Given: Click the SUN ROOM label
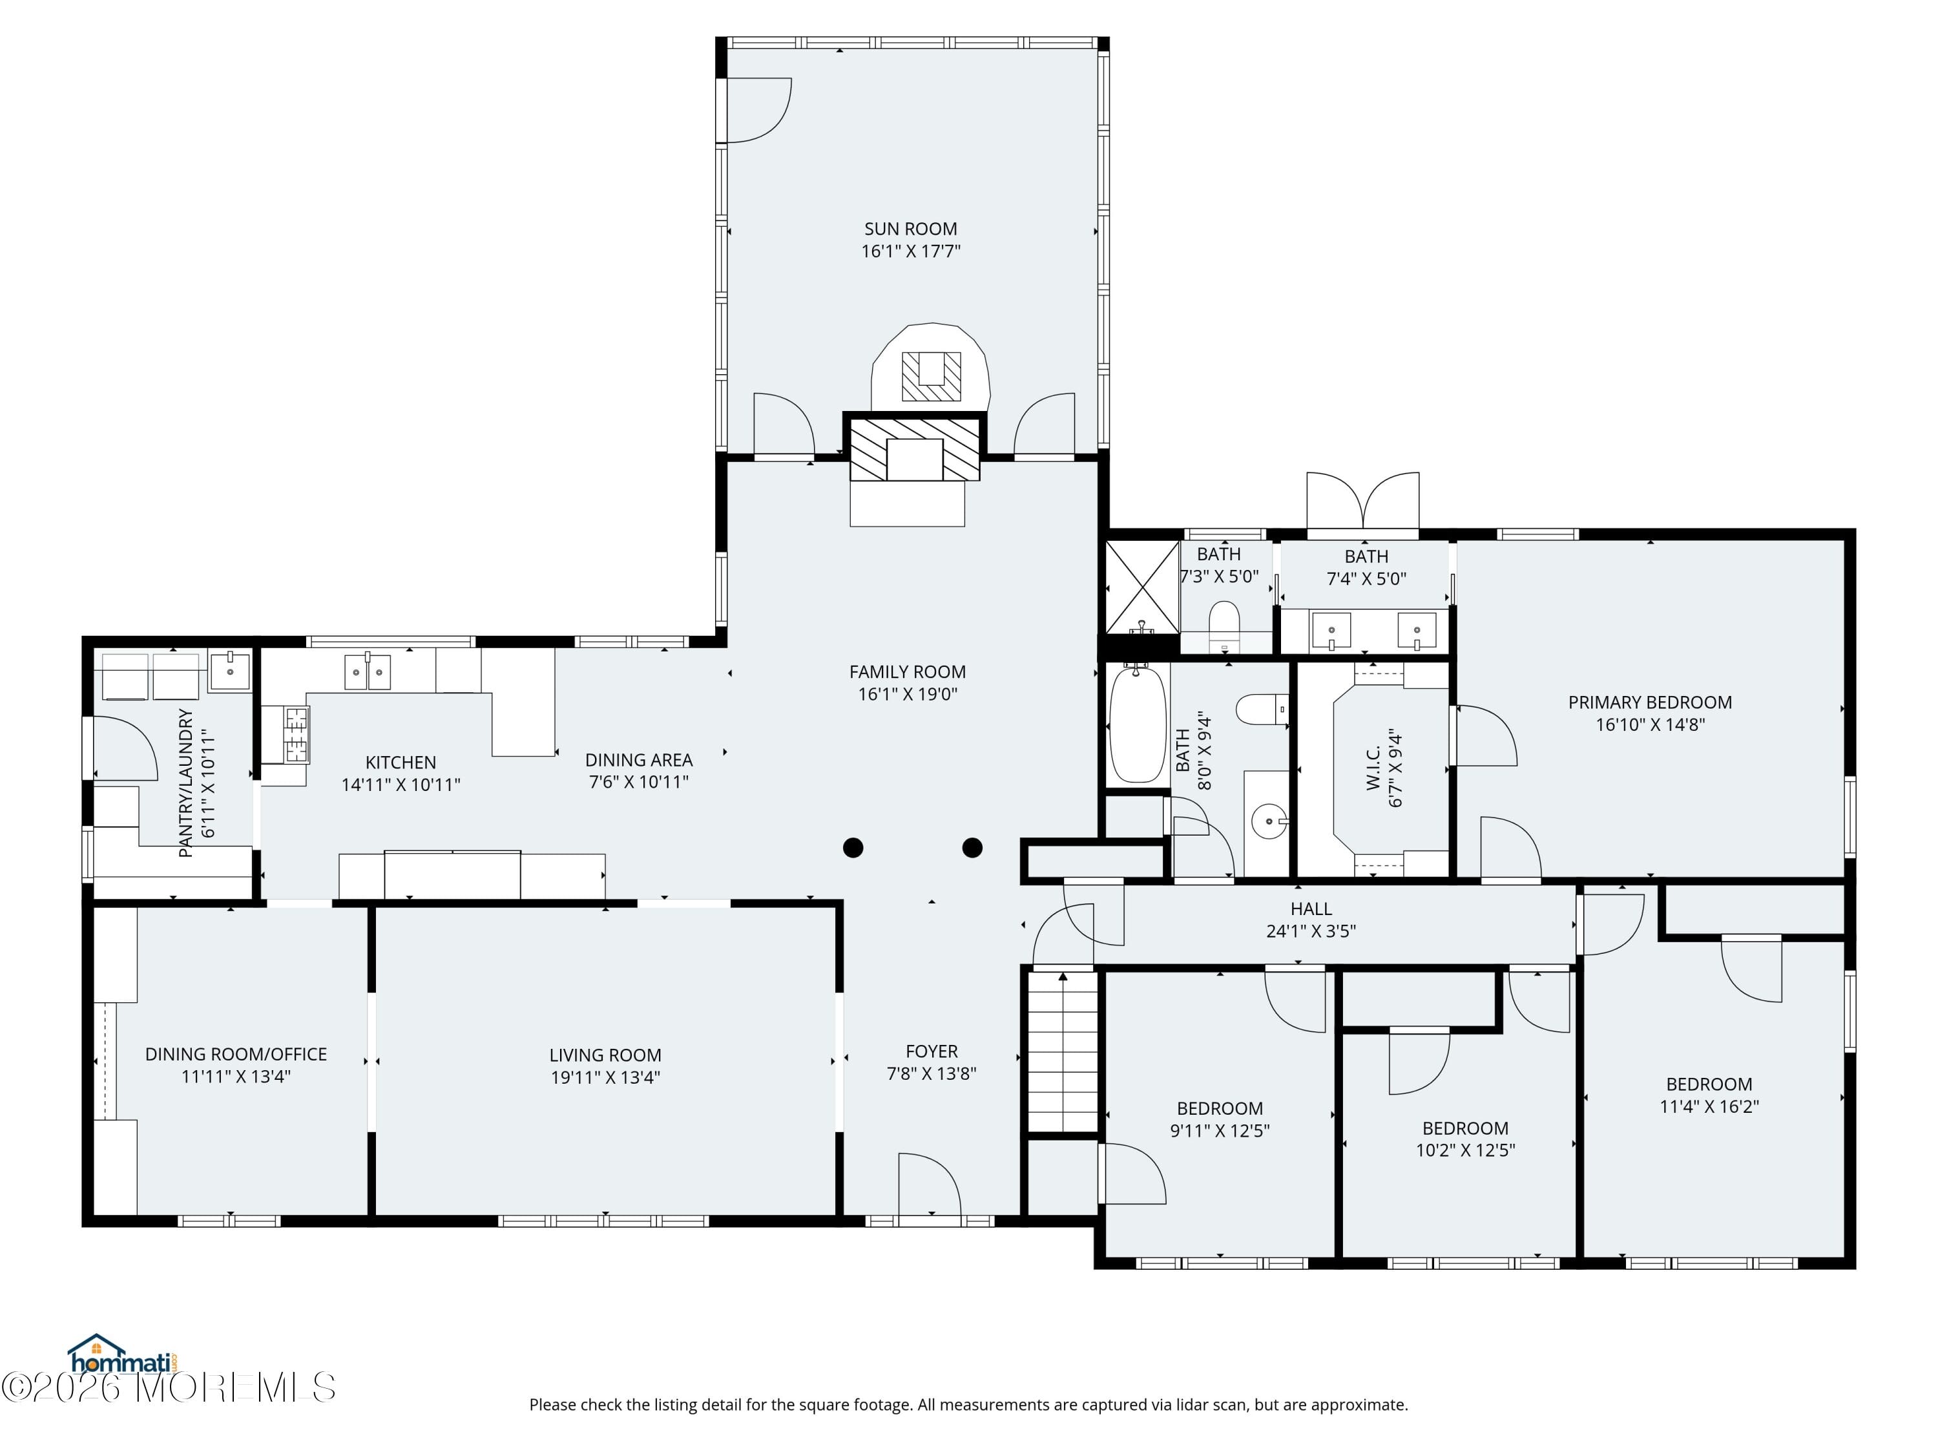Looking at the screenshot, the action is pos(910,229).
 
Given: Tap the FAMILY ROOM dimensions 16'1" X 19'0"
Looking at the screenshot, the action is pos(908,694).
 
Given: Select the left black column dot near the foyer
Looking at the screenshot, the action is pos(853,847).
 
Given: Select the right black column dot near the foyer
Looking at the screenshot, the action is pos(972,847).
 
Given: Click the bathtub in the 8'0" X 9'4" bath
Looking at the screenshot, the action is pos(1138,724).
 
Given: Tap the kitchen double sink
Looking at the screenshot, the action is pos(367,671).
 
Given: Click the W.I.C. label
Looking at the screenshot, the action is pos(1373,768).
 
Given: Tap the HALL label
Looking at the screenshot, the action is pos(1311,909).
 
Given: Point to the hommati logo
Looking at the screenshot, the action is pos(123,1356).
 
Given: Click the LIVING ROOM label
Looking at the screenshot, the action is pos(605,1055).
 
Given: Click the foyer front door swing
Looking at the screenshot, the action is pos(930,1184).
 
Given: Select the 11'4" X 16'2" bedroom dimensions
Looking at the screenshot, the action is pos(1709,1106).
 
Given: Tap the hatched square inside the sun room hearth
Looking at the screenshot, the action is pos(932,376).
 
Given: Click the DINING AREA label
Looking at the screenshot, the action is pos(639,760).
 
